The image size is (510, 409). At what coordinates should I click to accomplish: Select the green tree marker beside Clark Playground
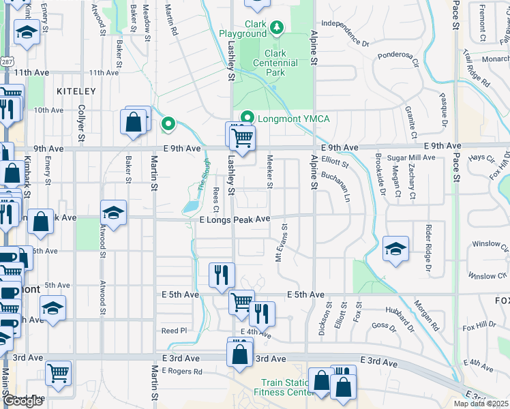277,28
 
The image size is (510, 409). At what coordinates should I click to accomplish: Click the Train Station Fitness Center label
284,387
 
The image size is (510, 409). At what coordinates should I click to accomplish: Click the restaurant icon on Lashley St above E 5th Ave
221,275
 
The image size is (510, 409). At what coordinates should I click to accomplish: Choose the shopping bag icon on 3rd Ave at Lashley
240,354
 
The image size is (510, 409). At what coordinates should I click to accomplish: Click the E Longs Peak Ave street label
235,219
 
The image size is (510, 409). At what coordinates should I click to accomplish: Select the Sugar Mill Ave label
411,157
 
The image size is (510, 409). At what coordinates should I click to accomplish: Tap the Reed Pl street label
174,331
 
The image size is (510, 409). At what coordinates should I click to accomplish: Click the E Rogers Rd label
182,372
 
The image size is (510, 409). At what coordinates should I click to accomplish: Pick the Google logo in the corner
22,401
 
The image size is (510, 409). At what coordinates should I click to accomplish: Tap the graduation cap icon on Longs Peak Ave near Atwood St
114,211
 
